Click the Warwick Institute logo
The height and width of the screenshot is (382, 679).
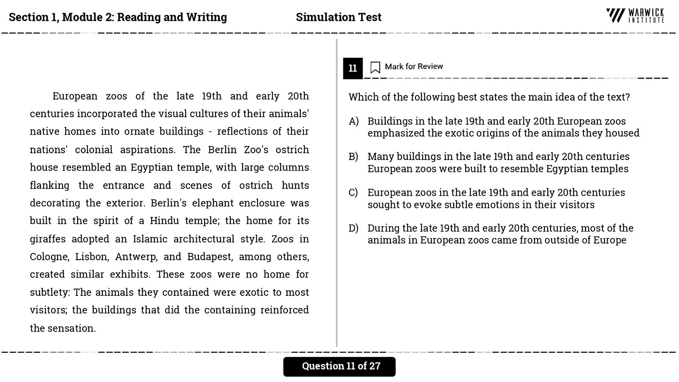pos(635,16)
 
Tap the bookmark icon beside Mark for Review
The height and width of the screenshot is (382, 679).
pos(375,67)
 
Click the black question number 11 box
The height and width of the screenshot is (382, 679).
pos(353,68)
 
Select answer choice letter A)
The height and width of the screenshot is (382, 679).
pos(354,121)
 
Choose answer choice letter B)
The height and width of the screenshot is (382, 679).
pos(354,157)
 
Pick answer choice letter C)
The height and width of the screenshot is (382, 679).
pos(354,193)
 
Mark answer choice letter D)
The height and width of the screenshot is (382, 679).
pos(354,228)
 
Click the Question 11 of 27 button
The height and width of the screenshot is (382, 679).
pos(339,366)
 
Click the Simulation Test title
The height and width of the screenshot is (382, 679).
pos(339,17)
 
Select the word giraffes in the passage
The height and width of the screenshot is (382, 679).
pos(48,239)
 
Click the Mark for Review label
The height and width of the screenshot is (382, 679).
pos(414,67)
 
